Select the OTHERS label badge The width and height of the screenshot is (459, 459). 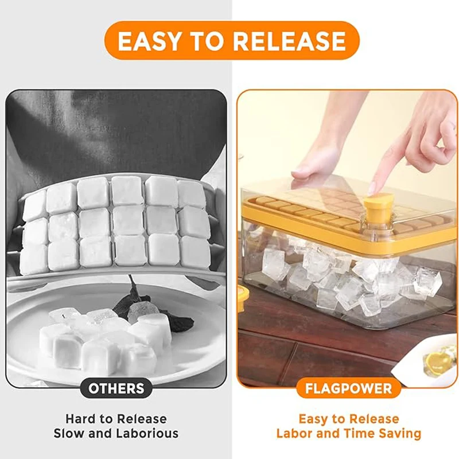(116, 388)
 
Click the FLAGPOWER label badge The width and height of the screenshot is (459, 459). (348, 388)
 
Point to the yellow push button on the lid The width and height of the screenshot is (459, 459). (378, 205)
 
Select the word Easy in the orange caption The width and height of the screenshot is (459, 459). (313, 419)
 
